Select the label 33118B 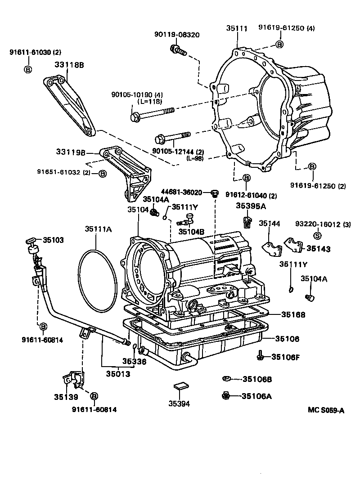click(70, 65)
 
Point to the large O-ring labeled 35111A click(96, 282)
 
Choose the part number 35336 click(134, 361)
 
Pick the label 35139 click(66, 397)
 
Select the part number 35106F click(285, 357)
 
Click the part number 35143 click(319, 248)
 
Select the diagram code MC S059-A click(326, 410)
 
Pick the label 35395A click(252, 206)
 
